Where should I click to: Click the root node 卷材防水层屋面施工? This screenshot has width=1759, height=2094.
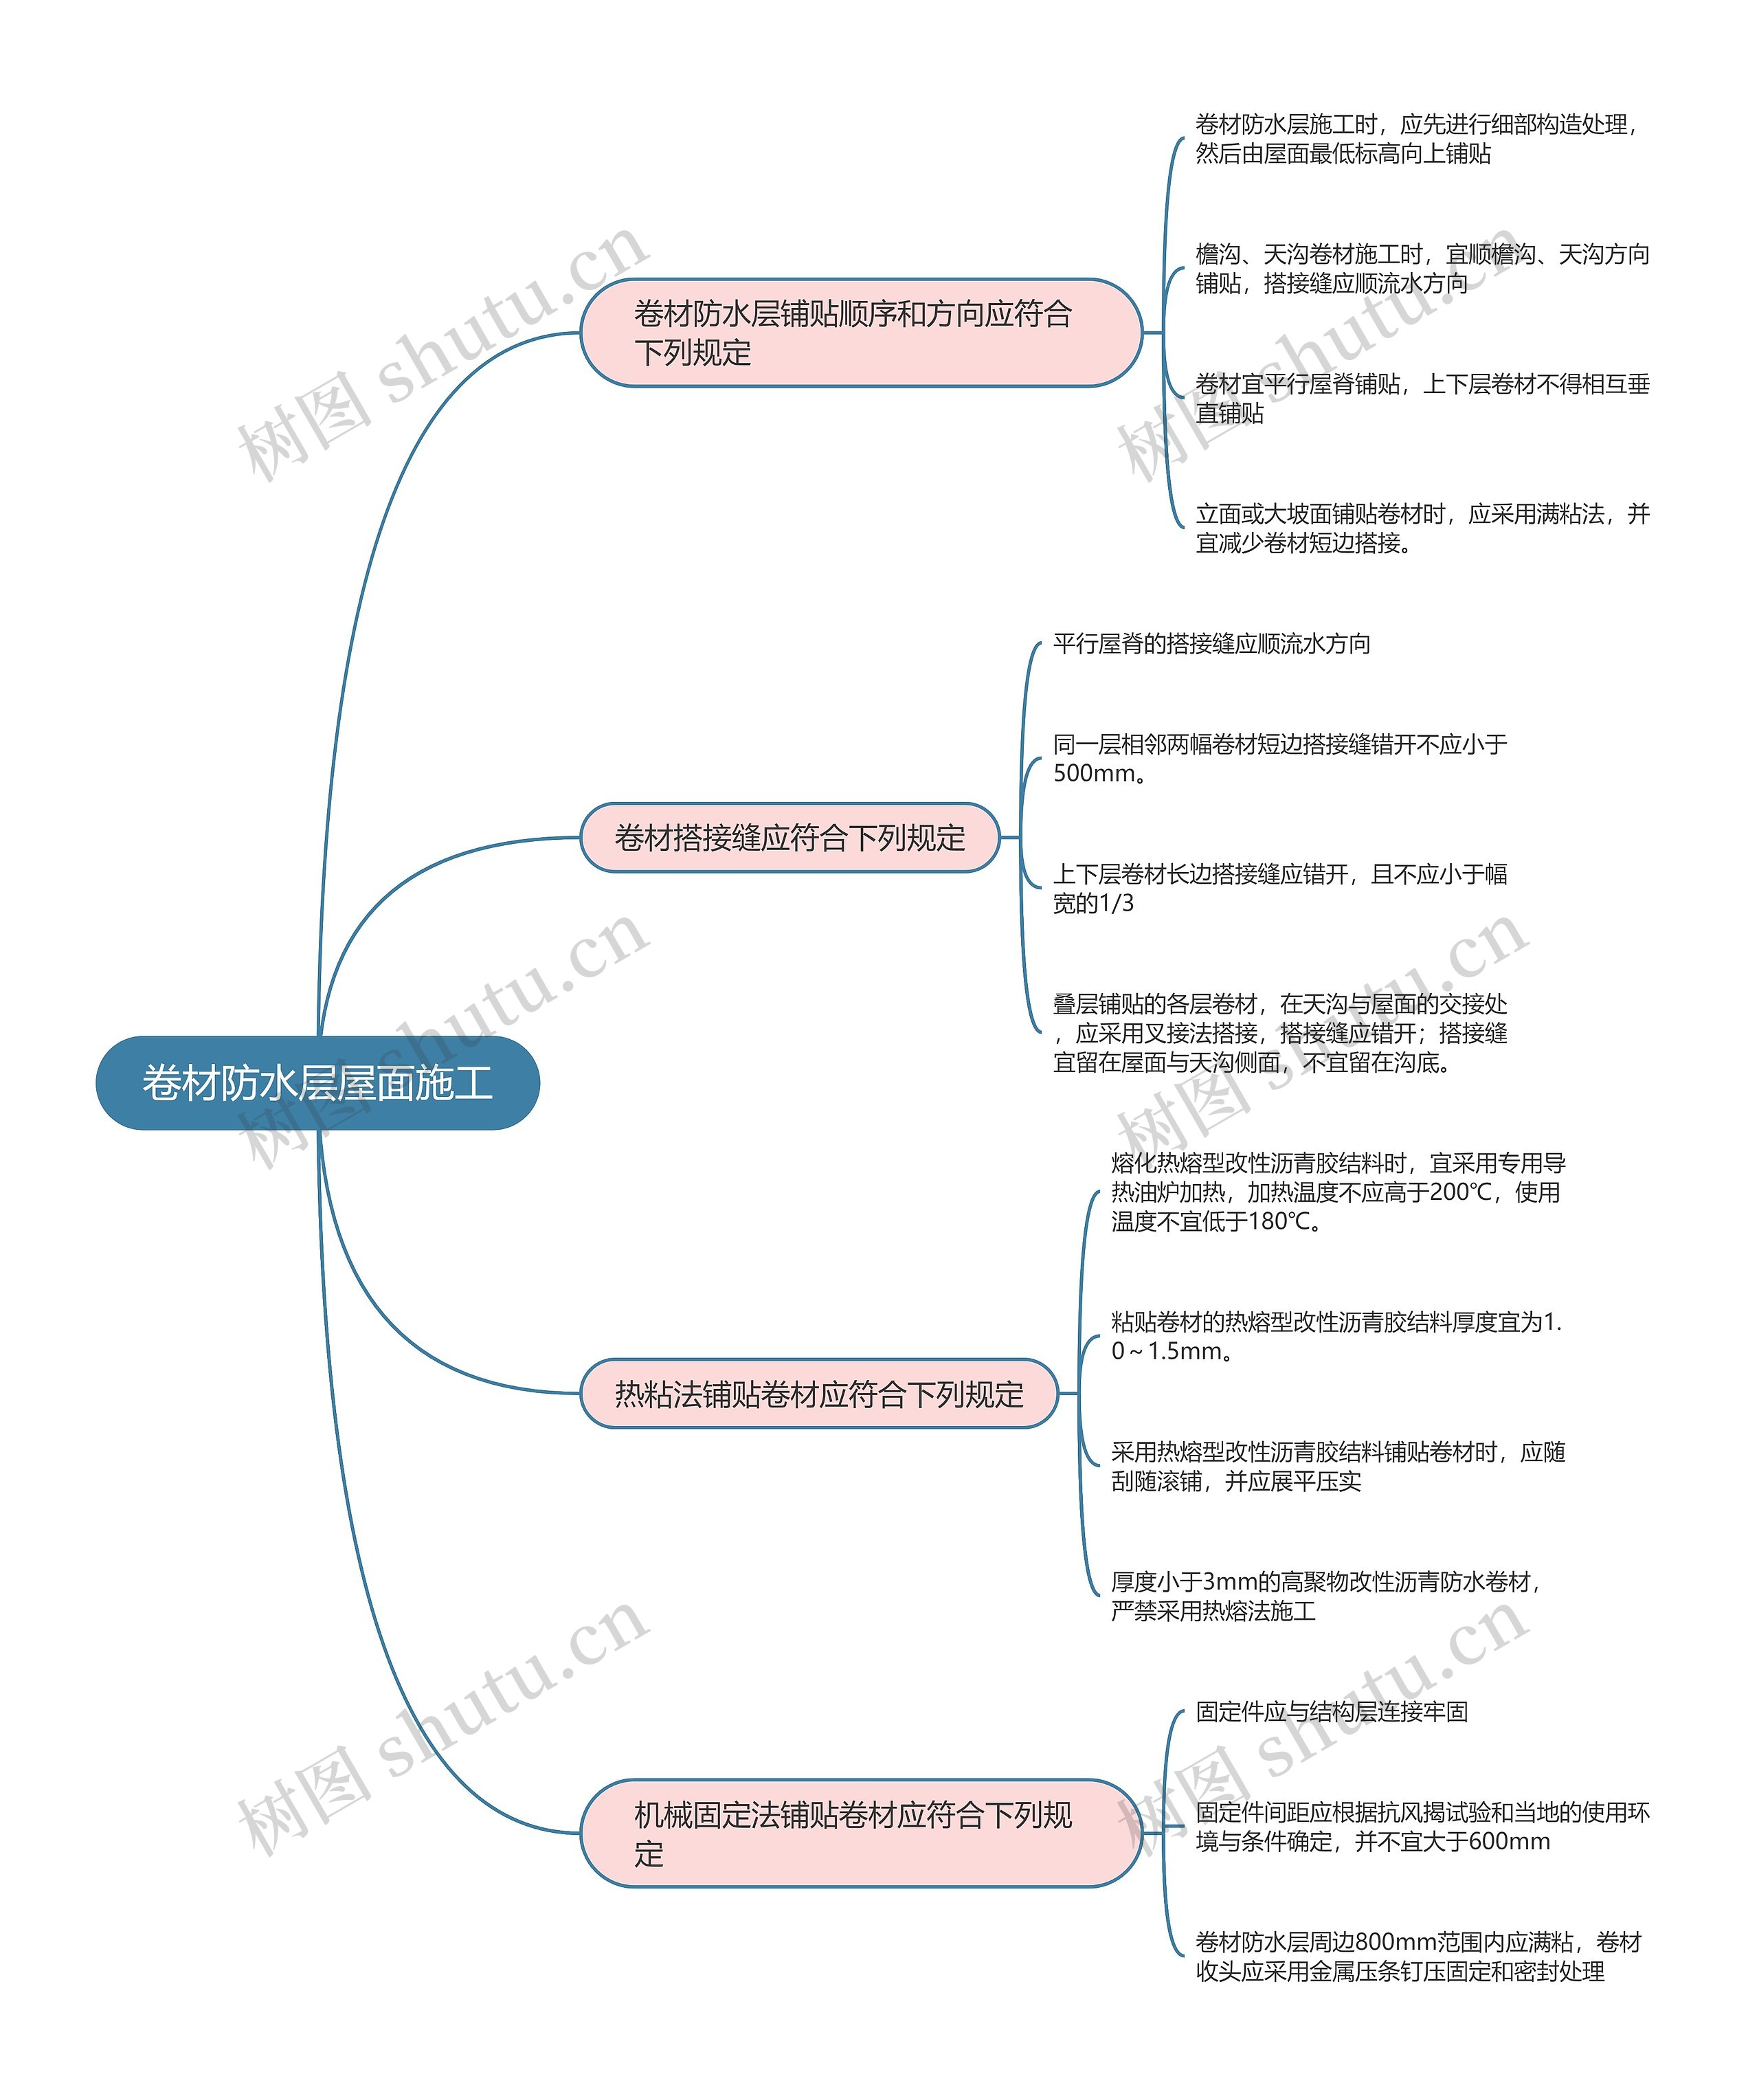click(x=317, y=1083)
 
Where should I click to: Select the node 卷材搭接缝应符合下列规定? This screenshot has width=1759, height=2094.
click(x=789, y=838)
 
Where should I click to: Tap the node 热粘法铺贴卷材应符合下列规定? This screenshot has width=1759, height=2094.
click(x=818, y=1393)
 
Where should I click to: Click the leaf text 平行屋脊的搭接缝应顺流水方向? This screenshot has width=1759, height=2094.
click(x=1211, y=644)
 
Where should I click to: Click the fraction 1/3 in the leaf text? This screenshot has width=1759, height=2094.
click(x=1114, y=904)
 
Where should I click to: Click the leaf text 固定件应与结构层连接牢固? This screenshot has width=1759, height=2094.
click(x=1331, y=1712)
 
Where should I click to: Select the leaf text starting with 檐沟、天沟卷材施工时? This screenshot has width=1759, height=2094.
click(x=1421, y=269)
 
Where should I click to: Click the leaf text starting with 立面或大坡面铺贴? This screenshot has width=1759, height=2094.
click(x=1421, y=528)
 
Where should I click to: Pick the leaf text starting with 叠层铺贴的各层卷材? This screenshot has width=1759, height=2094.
click(x=1279, y=1033)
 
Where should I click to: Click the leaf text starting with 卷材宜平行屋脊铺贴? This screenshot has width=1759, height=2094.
click(x=1421, y=399)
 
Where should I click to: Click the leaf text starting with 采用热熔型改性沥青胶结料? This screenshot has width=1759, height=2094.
click(x=1336, y=1467)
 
